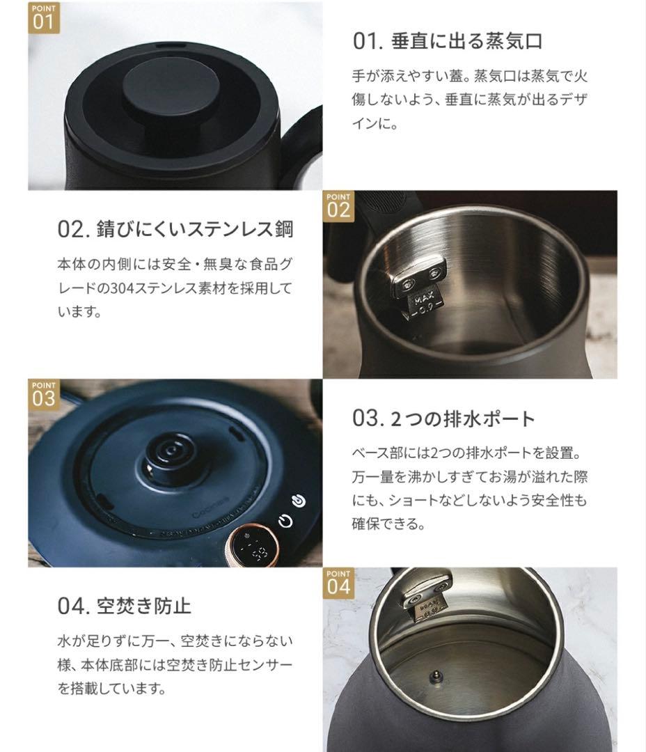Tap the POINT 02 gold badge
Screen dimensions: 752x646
click(x=338, y=205)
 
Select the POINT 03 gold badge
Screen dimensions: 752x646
click(x=43, y=393)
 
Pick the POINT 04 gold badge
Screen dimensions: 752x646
click(x=338, y=582)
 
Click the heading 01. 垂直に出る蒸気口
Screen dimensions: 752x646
click(x=447, y=41)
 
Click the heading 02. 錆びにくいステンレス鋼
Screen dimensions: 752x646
click(x=175, y=229)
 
